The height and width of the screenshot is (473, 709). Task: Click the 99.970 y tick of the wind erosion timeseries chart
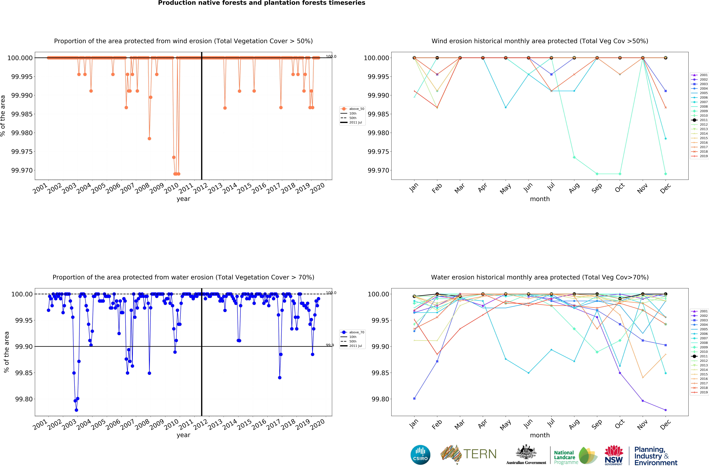coord(22,170)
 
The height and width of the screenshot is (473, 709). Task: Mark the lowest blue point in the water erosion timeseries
coord(76,410)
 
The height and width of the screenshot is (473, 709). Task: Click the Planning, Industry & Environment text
coord(656,456)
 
